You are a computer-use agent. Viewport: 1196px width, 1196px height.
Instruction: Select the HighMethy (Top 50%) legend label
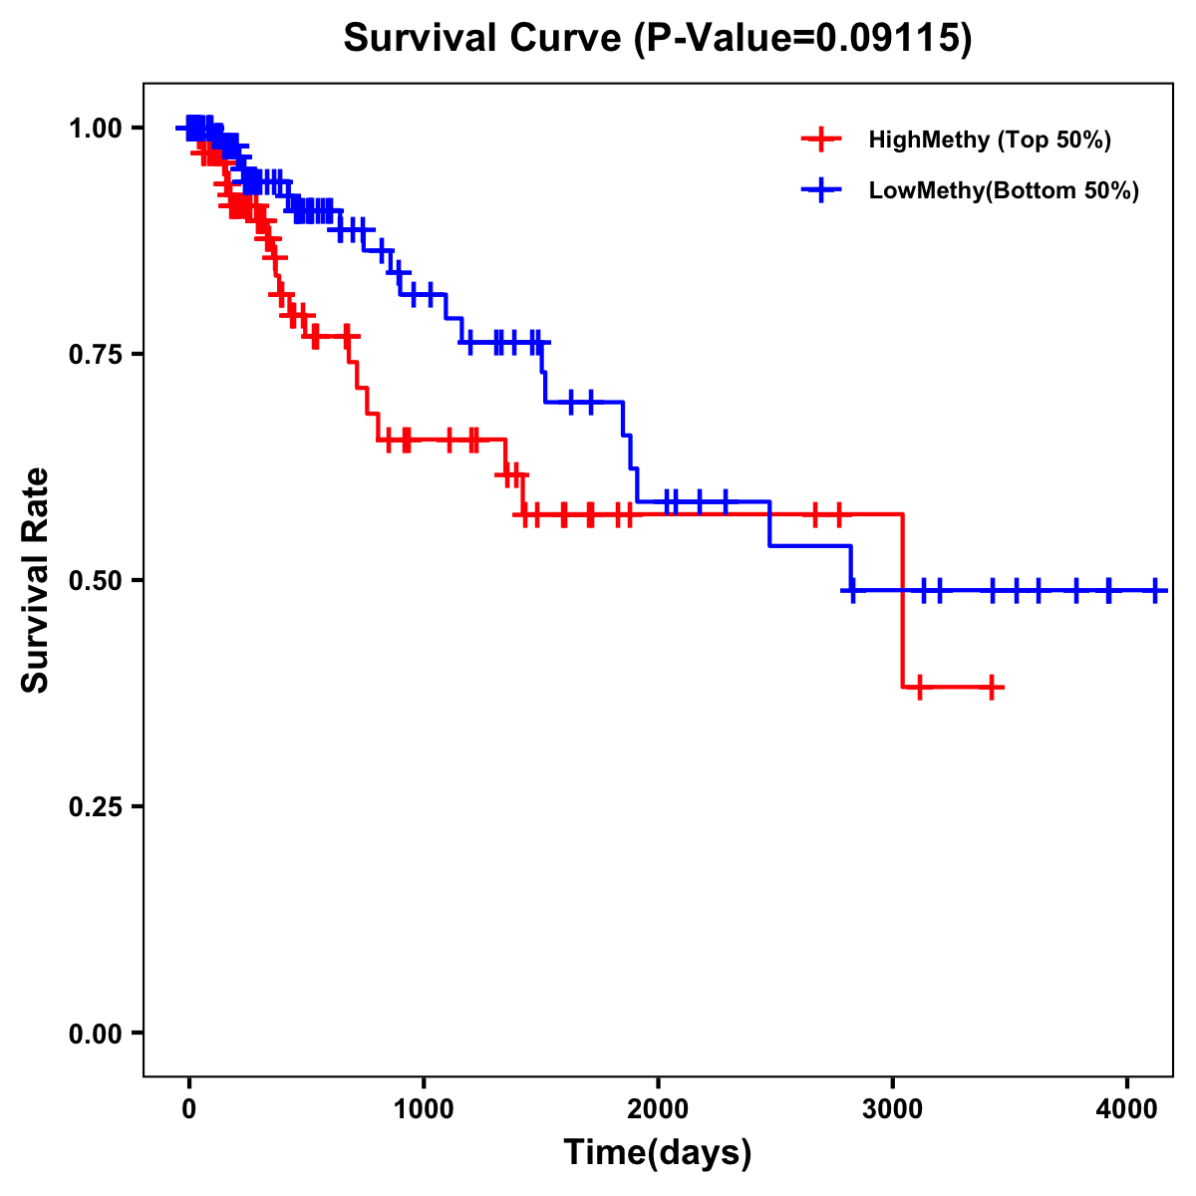click(990, 140)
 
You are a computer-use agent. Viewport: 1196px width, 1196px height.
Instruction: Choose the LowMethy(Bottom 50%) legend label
click(1004, 190)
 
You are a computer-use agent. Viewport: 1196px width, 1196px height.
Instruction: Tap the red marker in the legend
click(821, 140)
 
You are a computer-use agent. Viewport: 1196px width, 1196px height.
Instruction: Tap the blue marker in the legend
click(821, 190)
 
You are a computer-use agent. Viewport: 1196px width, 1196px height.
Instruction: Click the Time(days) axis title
click(658, 1152)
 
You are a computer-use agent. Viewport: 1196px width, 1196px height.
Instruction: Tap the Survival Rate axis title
click(36, 580)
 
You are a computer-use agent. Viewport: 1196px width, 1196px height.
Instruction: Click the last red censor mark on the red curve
click(992, 688)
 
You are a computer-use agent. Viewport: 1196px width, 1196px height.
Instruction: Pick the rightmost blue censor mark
click(1155, 590)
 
